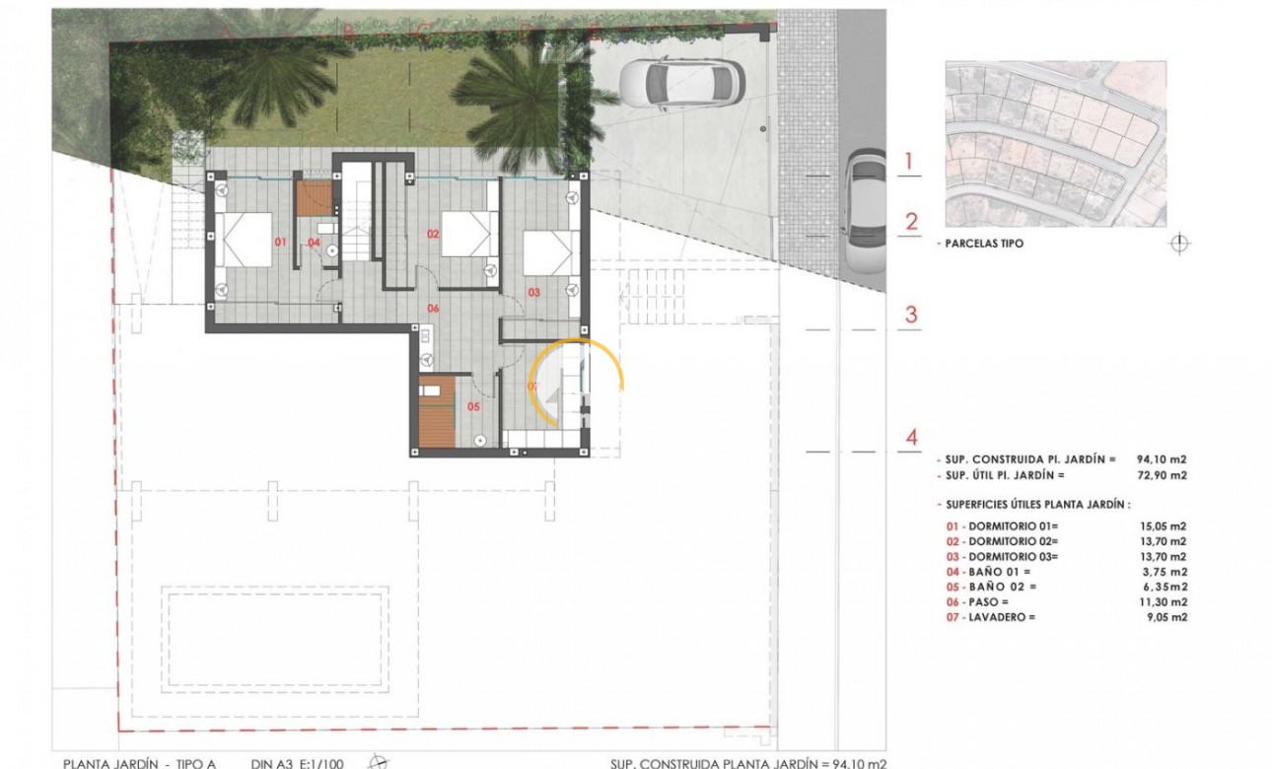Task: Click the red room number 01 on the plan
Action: (280, 241)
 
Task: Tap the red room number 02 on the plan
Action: (432, 234)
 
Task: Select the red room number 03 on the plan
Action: (534, 292)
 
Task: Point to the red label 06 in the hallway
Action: (432, 308)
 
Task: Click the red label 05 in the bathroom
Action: (472, 405)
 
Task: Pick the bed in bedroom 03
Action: (547, 253)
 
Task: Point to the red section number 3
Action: (911, 315)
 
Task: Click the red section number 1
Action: (911, 162)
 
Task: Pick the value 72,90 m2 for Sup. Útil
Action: (1163, 475)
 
